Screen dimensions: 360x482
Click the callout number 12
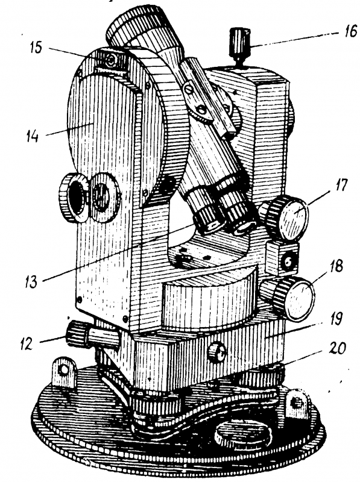(x=26, y=343)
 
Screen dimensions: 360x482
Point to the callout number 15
(x=36, y=48)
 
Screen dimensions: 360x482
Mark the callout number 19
(x=335, y=320)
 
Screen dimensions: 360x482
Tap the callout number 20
(x=338, y=349)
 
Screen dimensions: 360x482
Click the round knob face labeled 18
(x=300, y=298)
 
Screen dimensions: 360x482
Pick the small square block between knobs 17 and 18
(x=282, y=258)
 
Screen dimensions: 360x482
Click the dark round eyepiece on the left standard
(x=73, y=198)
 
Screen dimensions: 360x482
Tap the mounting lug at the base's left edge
(x=64, y=371)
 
